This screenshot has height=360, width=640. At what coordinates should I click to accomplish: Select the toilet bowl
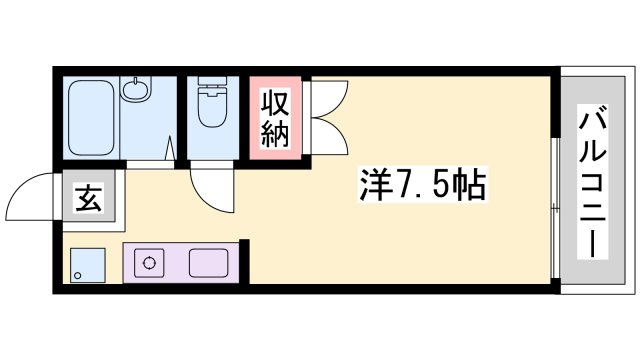212,107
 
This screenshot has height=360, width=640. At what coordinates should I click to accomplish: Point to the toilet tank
212,86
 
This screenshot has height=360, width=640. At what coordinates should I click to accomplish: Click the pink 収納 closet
275,118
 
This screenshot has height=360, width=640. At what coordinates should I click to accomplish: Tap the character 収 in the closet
275,103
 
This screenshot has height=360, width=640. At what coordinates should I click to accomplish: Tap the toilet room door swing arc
210,190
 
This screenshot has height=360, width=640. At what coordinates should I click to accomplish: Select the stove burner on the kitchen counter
150,265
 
